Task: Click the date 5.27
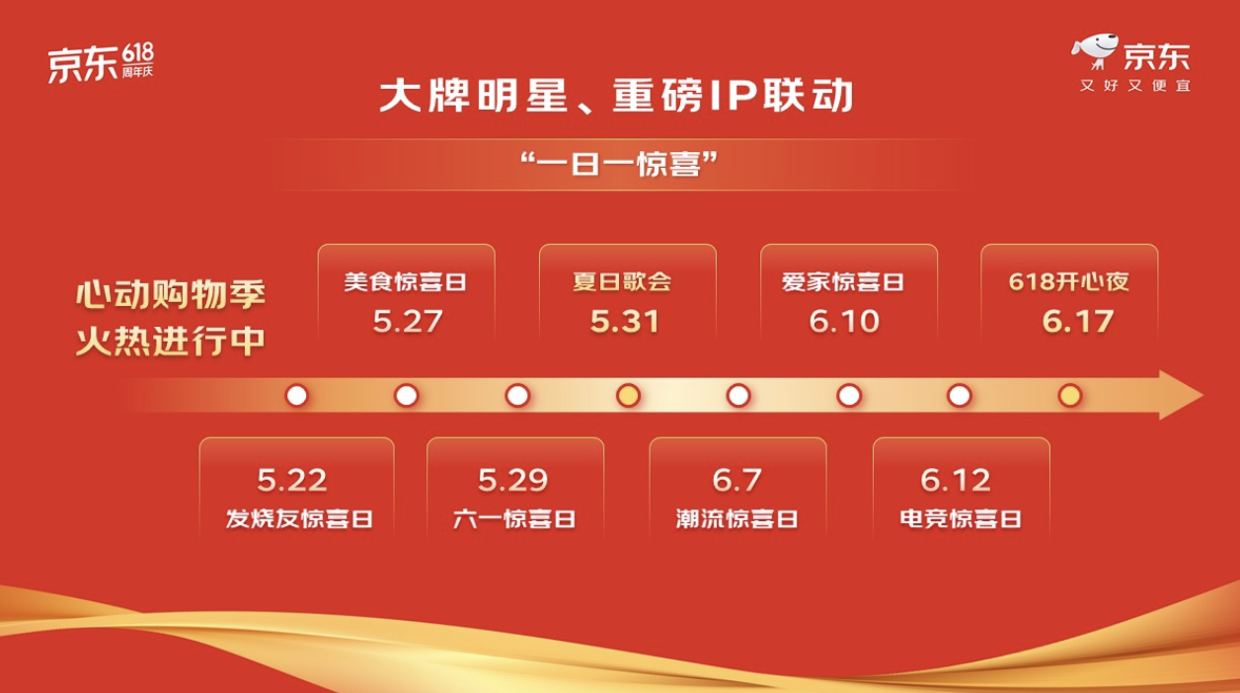click(x=408, y=322)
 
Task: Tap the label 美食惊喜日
click(x=405, y=281)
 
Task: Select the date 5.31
click(x=624, y=322)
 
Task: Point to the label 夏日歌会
click(x=622, y=281)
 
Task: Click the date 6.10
click(x=844, y=322)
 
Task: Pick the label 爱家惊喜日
click(x=842, y=281)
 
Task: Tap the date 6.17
click(x=1078, y=322)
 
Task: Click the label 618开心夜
click(x=1068, y=281)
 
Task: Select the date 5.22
click(x=291, y=480)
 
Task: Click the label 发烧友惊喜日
click(x=299, y=519)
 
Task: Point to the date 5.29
click(x=512, y=480)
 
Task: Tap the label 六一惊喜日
click(x=514, y=519)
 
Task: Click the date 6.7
click(x=736, y=480)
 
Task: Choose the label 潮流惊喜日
click(x=736, y=519)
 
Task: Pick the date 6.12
click(x=956, y=480)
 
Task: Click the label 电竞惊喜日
click(x=961, y=519)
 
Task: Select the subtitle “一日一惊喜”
click(x=619, y=165)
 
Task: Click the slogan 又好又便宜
click(x=1134, y=86)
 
